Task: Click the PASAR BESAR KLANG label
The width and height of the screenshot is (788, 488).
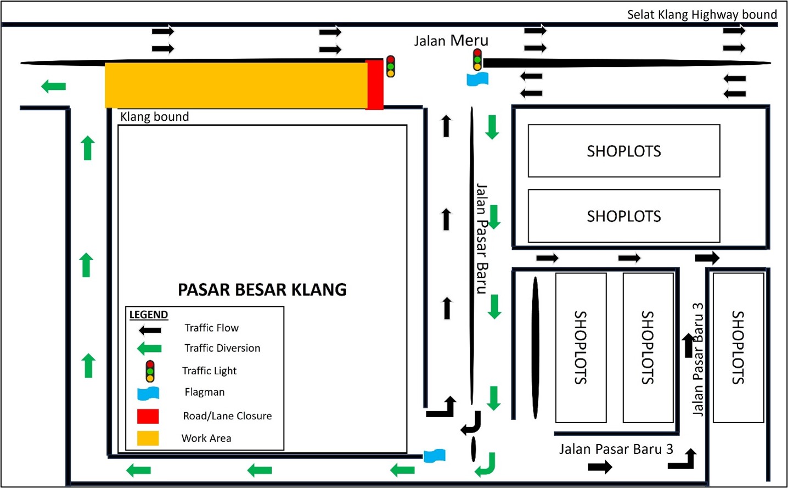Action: click(x=262, y=290)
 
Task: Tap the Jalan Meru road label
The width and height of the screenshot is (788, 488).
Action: click(x=451, y=41)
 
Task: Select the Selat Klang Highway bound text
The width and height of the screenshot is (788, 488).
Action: click(x=702, y=14)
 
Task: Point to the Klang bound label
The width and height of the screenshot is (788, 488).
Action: click(x=154, y=117)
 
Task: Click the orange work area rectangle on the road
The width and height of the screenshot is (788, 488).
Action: click(x=236, y=85)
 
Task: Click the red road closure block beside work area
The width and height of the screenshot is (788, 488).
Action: click(x=375, y=85)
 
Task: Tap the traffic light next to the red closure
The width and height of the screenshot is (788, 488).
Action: click(x=390, y=66)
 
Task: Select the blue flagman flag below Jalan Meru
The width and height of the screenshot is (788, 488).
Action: click(x=477, y=80)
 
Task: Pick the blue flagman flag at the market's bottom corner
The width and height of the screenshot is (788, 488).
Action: click(x=435, y=456)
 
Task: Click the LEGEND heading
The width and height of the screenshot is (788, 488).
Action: click(x=149, y=315)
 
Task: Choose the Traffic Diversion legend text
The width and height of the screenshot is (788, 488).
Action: click(x=222, y=348)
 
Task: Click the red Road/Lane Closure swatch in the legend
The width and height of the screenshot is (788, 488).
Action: click(x=148, y=416)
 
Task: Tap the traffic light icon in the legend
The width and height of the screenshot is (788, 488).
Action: click(x=150, y=371)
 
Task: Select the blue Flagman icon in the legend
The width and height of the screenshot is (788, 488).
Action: click(x=148, y=393)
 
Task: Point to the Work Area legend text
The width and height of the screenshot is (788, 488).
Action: click(x=206, y=438)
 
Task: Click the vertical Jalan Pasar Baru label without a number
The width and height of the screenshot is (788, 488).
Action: click(x=481, y=239)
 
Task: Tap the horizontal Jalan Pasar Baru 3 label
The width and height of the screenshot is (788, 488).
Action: click(x=616, y=449)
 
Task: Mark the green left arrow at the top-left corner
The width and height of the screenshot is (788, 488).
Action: click(x=54, y=86)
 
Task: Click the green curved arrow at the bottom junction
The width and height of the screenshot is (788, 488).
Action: click(x=486, y=464)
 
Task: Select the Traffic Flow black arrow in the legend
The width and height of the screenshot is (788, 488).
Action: click(x=150, y=330)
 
